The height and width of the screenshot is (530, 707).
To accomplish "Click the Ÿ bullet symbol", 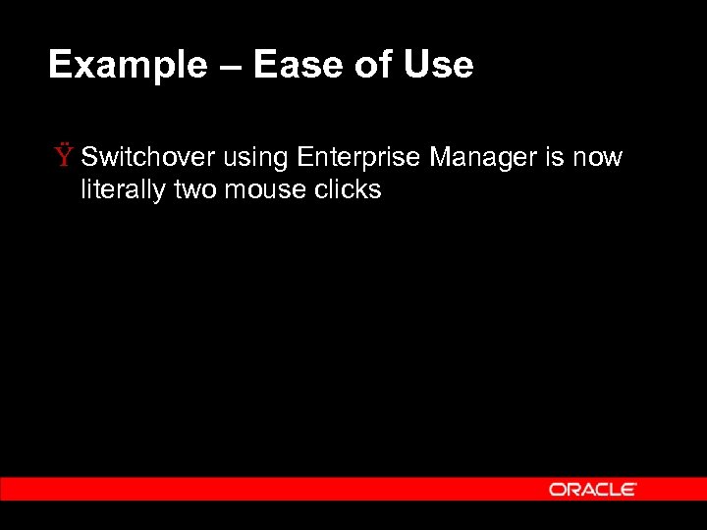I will point(65,156).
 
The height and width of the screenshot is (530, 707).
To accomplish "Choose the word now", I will point(599,158).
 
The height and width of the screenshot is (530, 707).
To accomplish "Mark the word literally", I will point(123,189).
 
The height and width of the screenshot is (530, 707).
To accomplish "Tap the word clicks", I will point(347,189).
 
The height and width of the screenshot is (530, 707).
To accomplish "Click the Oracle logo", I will point(593,489).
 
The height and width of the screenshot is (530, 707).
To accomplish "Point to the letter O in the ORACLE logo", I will point(557,489).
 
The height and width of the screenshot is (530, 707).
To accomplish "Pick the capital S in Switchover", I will point(90,157).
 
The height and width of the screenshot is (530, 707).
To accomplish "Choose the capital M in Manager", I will point(439,157).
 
